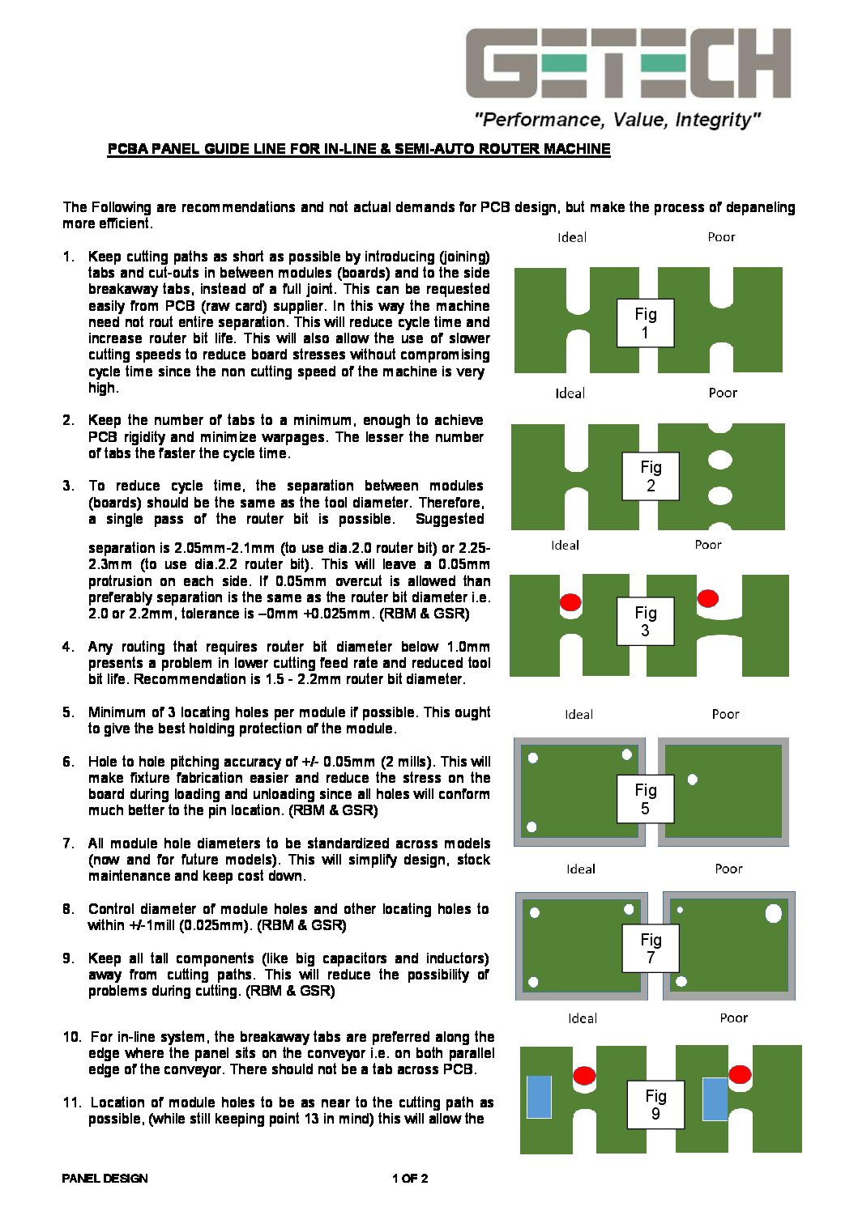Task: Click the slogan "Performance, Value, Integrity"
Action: pyautogui.click(x=617, y=120)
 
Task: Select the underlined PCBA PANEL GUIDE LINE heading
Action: pyautogui.click(x=359, y=149)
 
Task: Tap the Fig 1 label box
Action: pyautogui.click(x=645, y=323)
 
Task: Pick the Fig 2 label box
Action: pyautogui.click(x=651, y=476)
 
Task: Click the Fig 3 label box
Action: pyautogui.click(x=645, y=621)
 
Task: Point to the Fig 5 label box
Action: pyautogui.click(x=645, y=799)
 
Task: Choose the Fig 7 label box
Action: pyautogui.click(x=651, y=948)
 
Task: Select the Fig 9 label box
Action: pyautogui.click(x=655, y=1104)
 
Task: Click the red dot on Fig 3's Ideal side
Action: pyautogui.click(x=570, y=602)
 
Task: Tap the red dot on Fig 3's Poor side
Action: pyautogui.click(x=707, y=598)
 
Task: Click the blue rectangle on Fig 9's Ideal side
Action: pyautogui.click(x=539, y=1097)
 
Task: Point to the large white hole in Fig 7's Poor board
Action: pyautogui.click(x=773, y=914)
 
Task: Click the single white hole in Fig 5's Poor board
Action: pyautogui.click(x=692, y=780)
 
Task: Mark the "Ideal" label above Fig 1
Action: pyautogui.click(x=572, y=237)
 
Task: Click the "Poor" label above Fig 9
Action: pyautogui.click(x=733, y=1018)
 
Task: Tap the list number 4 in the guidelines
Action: pyautogui.click(x=68, y=647)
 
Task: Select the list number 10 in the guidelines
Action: pyautogui.click(x=72, y=1037)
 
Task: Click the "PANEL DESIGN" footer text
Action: pyautogui.click(x=105, y=1178)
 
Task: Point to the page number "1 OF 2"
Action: pyautogui.click(x=410, y=1178)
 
